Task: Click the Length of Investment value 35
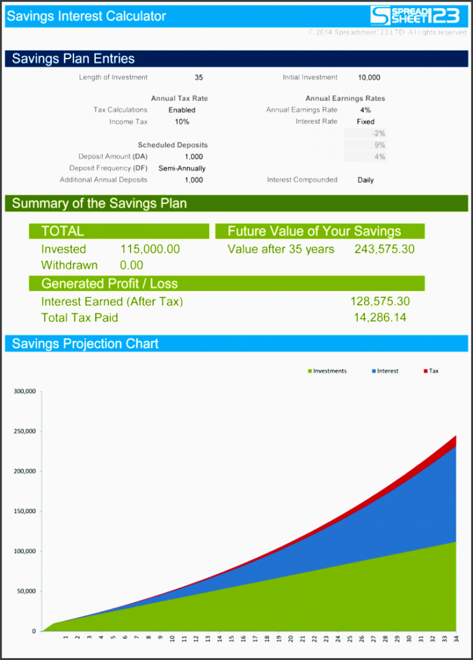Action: click(198, 78)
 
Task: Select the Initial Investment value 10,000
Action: click(369, 78)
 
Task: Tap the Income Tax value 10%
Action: click(182, 122)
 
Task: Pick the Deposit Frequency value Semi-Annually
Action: click(182, 168)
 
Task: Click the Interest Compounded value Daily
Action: click(365, 180)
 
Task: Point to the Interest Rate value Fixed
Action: click(365, 122)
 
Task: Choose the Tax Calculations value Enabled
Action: click(182, 110)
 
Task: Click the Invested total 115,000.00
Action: click(150, 249)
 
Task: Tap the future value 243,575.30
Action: click(385, 249)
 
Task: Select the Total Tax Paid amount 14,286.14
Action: click(380, 317)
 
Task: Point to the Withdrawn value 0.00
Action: click(131, 265)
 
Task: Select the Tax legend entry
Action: click(431, 372)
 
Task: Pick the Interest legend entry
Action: click(385, 372)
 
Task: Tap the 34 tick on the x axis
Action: click(455, 639)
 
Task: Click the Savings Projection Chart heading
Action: click(85, 344)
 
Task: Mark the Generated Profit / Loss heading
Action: click(110, 284)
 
